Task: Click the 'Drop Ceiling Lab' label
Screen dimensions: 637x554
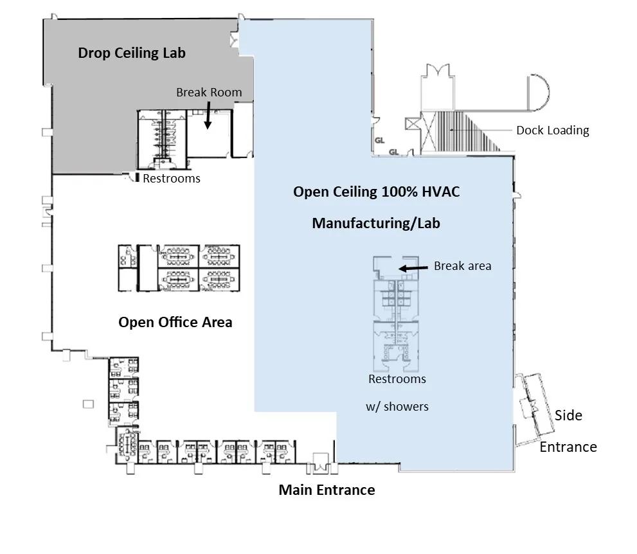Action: pos(132,53)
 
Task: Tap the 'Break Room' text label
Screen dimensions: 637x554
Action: pos(209,92)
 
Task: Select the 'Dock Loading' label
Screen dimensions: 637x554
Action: pos(552,130)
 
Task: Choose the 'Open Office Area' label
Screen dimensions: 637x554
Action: pos(175,322)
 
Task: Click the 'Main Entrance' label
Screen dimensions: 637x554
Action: pos(327,490)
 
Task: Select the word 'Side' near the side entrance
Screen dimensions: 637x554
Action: pos(568,415)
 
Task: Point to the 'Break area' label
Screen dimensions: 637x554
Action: pos(462,265)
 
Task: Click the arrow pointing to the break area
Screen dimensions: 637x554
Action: pos(413,267)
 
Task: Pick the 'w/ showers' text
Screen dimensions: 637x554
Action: pos(397,406)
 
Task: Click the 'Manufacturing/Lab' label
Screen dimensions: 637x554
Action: pos(376,223)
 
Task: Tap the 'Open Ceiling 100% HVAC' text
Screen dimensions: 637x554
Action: pos(376,192)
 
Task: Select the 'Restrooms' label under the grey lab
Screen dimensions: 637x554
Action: pos(172,178)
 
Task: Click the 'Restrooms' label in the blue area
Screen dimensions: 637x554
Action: pos(397,379)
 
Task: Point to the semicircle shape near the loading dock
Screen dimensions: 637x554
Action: pos(539,93)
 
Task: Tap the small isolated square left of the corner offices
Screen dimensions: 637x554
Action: pos(88,404)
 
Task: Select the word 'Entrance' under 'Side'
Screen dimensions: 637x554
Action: pos(568,447)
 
